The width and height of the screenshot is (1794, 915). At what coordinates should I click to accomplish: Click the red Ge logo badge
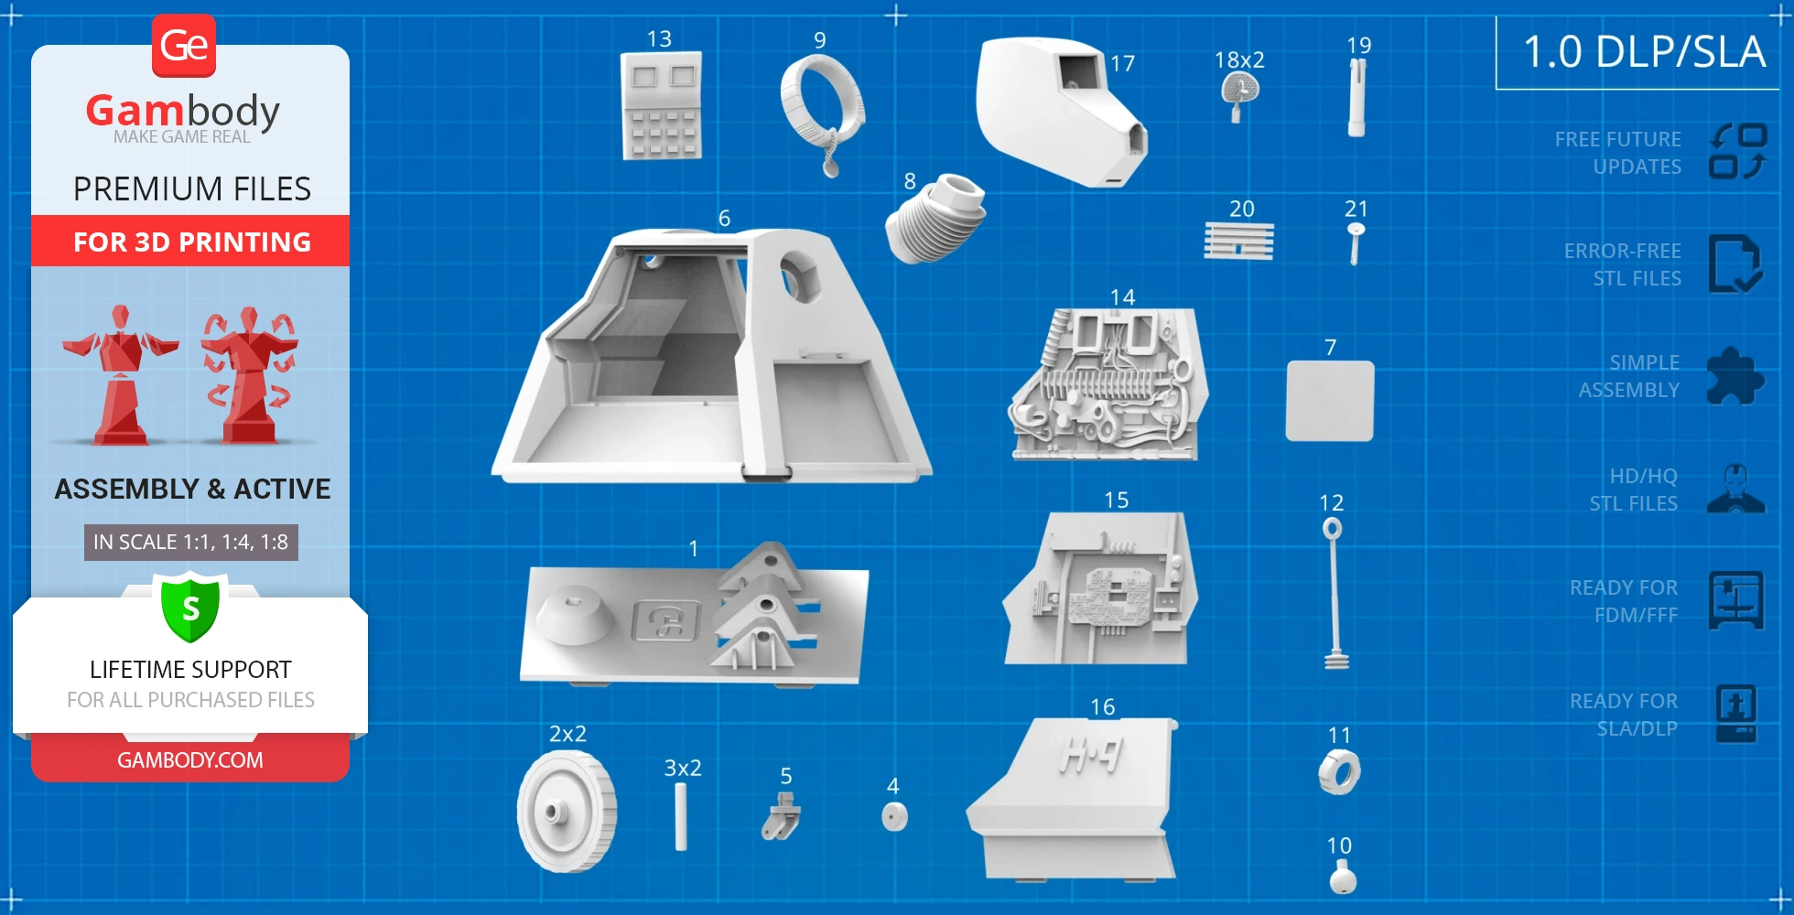click(184, 46)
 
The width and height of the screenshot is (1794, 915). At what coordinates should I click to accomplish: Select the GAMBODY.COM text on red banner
click(190, 759)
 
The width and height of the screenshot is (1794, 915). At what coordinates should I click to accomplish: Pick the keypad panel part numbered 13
click(661, 105)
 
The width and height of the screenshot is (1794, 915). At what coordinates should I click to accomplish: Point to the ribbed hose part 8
click(935, 218)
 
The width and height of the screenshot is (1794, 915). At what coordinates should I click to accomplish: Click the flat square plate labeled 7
click(1329, 401)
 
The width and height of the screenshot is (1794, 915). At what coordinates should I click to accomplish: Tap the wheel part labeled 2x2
click(567, 811)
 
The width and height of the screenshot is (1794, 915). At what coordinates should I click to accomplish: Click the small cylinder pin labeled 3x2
click(680, 816)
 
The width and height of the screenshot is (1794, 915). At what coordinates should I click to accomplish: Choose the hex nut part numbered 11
click(1339, 772)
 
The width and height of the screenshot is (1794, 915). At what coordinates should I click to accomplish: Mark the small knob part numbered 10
click(1343, 879)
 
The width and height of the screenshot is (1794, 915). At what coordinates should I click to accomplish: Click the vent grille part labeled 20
click(1238, 242)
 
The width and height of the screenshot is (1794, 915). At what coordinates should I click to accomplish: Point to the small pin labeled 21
click(1356, 242)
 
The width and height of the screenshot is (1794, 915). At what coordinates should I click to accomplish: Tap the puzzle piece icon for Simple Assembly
click(1735, 375)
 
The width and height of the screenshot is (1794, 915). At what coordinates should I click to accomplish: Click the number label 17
click(1123, 63)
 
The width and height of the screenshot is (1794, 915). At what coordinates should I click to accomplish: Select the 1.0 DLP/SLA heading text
click(1644, 51)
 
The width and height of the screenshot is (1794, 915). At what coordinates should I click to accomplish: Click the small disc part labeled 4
click(894, 816)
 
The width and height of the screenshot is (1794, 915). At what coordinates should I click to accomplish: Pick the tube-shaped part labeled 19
click(1357, 97)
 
